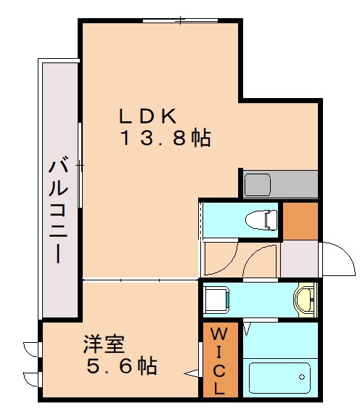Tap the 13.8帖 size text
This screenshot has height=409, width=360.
[x=165, y=139]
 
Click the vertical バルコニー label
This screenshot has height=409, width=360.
[x=57, y=211]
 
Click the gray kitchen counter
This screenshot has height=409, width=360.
[x=280, y=183]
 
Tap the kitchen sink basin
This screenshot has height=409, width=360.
[x=258, y=184]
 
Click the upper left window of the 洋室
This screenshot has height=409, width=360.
[x=32, y=349]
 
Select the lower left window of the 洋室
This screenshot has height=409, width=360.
[x=32, y=378]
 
